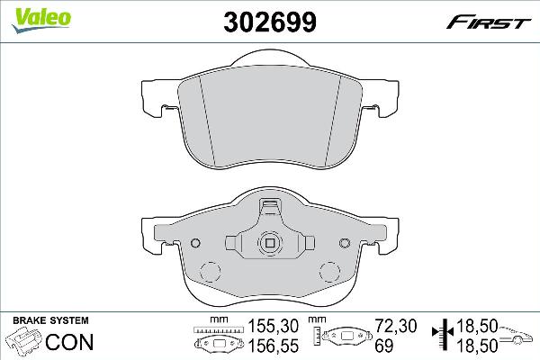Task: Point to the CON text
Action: point(70,342)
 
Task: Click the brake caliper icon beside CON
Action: point(23,342)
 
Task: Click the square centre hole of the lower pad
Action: point(269,242)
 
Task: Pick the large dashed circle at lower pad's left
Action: point(208,274)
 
